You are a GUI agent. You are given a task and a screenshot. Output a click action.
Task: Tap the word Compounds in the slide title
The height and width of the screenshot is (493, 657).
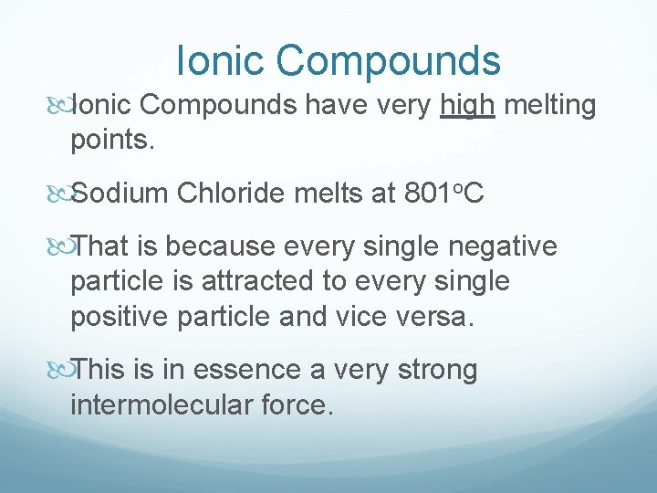(389, 61)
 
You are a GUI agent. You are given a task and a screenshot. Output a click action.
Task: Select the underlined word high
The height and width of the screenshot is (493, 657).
(467, 106)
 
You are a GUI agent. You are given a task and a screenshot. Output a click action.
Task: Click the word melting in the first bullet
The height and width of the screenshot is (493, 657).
(550, 106)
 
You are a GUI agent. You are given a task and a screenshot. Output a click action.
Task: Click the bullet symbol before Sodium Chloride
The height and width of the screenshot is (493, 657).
(61, 194)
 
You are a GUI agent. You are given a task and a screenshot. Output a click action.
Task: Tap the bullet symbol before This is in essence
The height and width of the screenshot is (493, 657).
(61, 370)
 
